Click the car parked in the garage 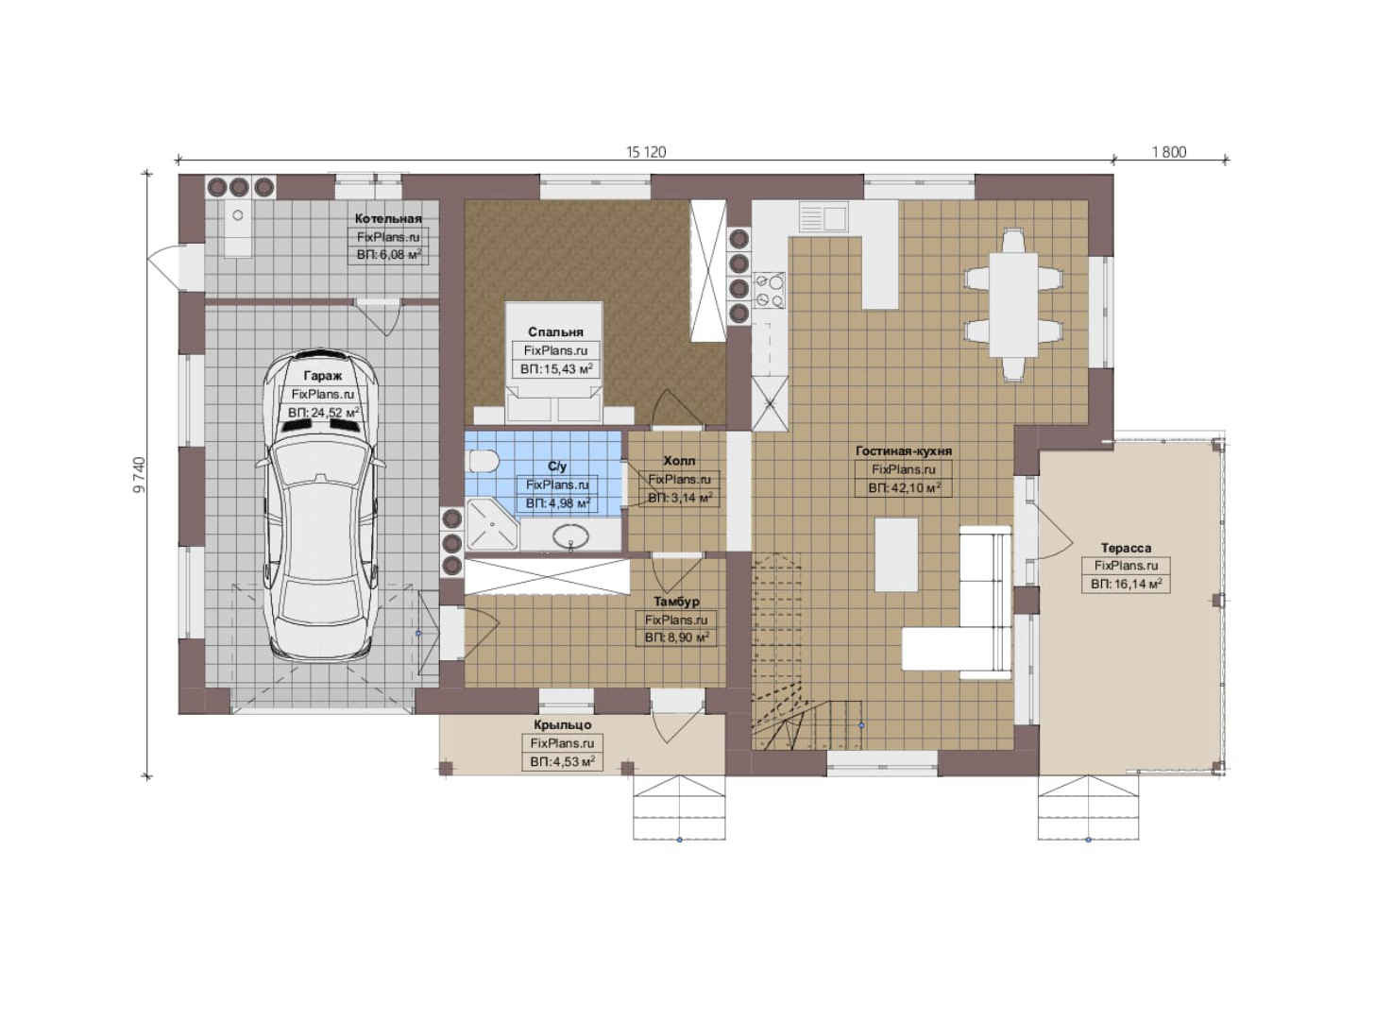point(321,504)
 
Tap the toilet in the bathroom point(484,462)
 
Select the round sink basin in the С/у point(570,535)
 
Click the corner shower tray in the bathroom point(492,524)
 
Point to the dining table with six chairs point(1013,304)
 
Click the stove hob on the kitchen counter point(770,292)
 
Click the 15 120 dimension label point(646,152)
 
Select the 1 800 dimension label point(1169,152)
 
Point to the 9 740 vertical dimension point(139,475)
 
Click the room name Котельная point(388,218)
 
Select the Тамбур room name point(676,601)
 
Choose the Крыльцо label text point(563,724)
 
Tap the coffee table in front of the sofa point(896,554)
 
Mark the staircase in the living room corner point(806,653)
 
